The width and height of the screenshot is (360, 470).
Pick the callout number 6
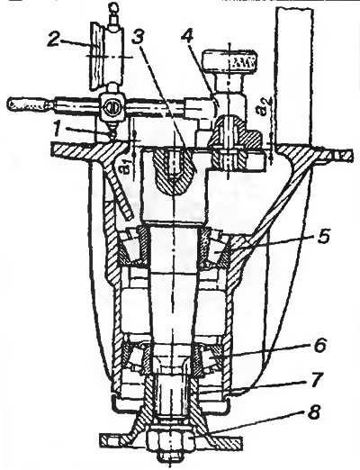click(319, 345)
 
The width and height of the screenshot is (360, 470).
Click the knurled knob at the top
click(229, 60)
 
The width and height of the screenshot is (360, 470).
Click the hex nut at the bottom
click(170, 436)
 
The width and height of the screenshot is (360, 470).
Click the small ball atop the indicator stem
click(114, 6)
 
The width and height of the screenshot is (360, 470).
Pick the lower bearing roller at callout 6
click(214, 357)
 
